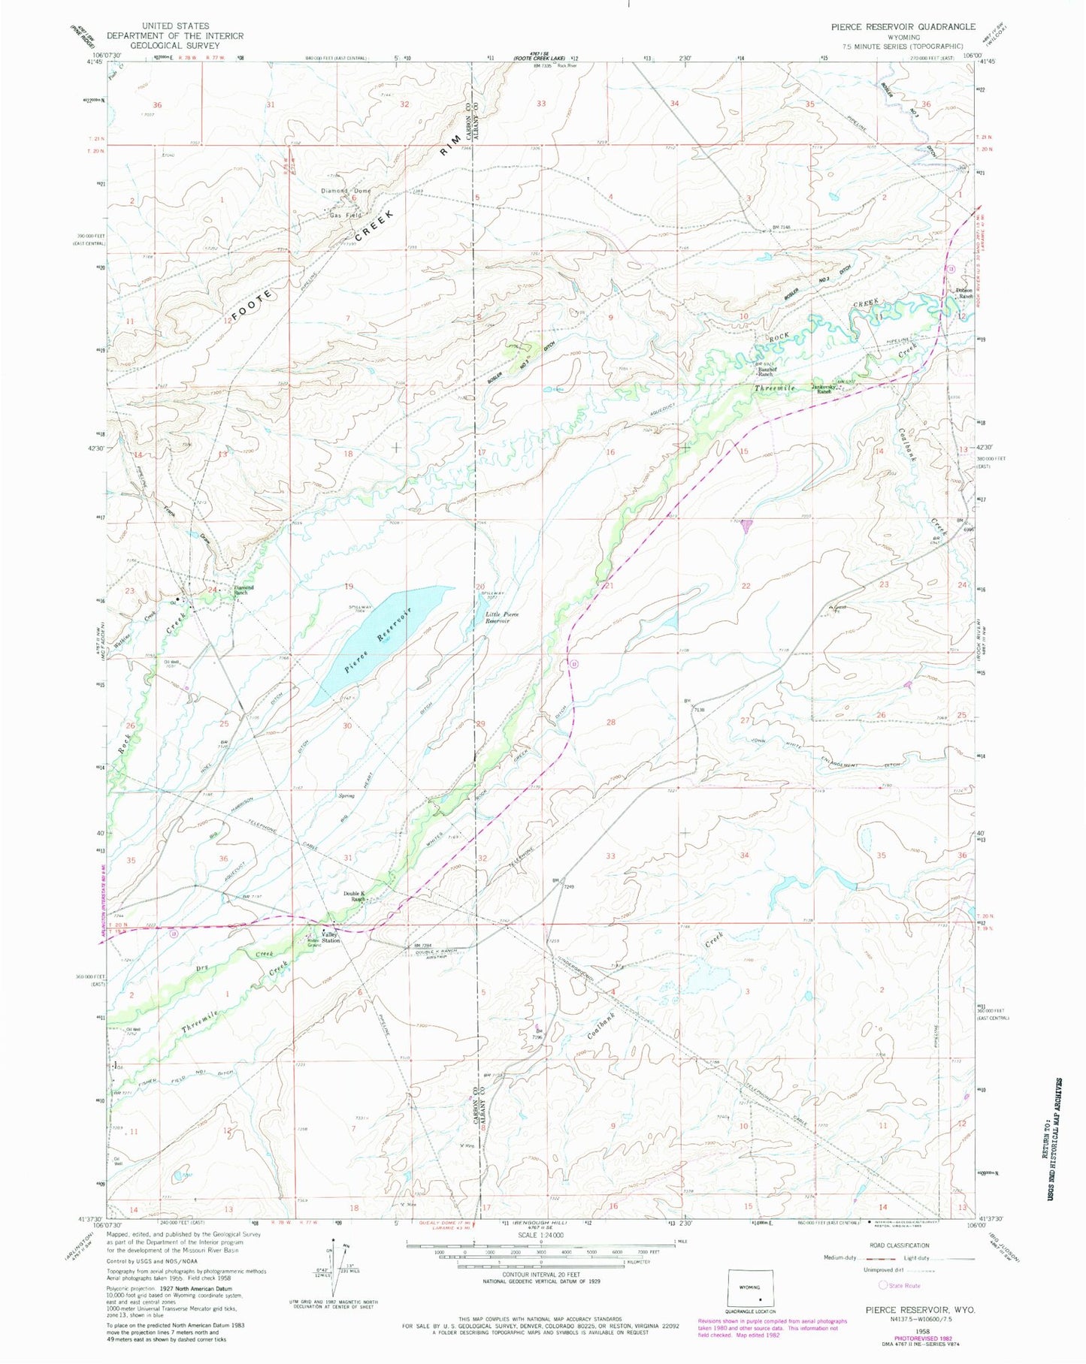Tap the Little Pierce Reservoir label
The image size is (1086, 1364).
point(501,617)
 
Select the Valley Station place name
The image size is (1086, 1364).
point(331,937)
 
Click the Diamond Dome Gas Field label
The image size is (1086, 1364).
point(345,203)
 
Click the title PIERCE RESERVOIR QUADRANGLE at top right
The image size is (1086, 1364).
point(903,26)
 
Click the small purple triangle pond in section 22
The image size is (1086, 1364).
point(746,528)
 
